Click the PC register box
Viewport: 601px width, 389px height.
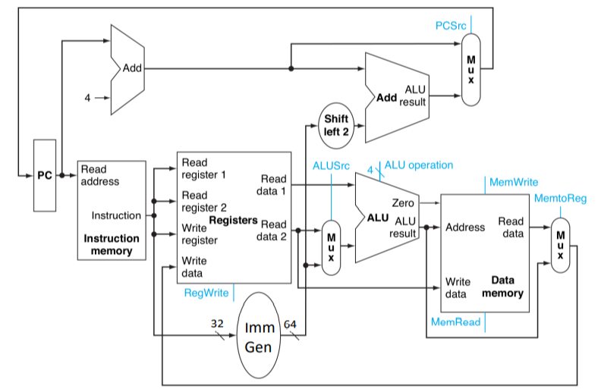pyautogui.click(x=45, y=175)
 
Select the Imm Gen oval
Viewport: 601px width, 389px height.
pyautogui.click(x=260, y=339)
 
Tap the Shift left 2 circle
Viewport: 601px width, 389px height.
pyautogui.click(x=335, y=125)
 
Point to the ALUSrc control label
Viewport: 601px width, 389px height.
pyautogui.click(x=331, y=165)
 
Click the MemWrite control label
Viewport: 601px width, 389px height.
pyautogui.click(x=514, y=183)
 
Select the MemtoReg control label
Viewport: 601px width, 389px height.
pyautogui.click(x=561, y=199)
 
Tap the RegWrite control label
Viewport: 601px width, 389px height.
pyautogui.click(x=206, y=293)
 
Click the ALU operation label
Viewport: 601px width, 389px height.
pyautogui.click(x=419, y=165)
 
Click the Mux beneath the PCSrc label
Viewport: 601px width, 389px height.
pyautogui.click(x=471, y=68)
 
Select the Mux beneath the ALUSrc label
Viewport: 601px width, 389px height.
pyautogui.click(x=331, y=248)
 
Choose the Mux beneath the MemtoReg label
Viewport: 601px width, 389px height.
pyautogui.click(x=560, y=245)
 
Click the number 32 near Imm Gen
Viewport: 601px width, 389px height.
pyautogui.click(x=218, y=323)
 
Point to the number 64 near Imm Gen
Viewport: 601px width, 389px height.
pyautogui.click(x=290, y=325)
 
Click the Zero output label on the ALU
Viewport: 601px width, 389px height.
pyautogui.click(x=402, y=203)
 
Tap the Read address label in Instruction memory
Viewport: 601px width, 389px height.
pyautogui.click(x=99, y=176)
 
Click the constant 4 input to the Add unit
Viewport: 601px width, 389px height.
pyautogui.click(x=87, y=98)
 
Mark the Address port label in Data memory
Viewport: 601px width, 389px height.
pyautogui.click(x=466, y=227)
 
